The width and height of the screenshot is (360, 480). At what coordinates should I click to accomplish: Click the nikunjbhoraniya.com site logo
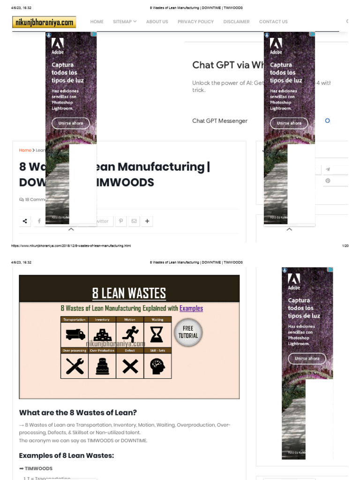pos(44,22)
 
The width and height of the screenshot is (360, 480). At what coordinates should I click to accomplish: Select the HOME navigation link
pos(97,22)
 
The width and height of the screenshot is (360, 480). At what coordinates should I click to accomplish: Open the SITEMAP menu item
pos(125,22)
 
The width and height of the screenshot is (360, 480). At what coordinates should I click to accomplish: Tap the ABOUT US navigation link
pos(157,22)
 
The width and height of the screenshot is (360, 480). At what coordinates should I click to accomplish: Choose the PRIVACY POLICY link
pos(195,22)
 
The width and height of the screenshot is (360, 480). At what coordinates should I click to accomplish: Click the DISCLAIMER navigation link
pos(236,22)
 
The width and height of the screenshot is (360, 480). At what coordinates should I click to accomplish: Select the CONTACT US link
pos(273,22)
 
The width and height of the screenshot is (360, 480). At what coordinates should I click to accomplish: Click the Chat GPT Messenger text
pos(220,121)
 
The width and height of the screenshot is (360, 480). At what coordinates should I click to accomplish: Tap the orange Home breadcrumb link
pos(25,150)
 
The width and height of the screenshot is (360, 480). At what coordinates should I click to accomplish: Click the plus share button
pos(147,221)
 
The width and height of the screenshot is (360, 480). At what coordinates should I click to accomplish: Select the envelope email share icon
pos(134,221)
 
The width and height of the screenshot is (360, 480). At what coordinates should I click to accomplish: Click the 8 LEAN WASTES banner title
pos(129,293)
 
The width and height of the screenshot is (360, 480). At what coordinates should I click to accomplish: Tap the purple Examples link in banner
pos(191,308)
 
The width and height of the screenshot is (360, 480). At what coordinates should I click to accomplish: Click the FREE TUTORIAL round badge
pos(188,332)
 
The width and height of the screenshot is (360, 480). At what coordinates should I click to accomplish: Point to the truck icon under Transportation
pos(75,334)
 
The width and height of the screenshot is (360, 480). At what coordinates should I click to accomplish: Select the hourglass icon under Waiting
pos(157,334)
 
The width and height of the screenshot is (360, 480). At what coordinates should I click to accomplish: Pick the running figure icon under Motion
pos(130,334)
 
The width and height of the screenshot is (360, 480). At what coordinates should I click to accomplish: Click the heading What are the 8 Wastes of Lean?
pos(78,413)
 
